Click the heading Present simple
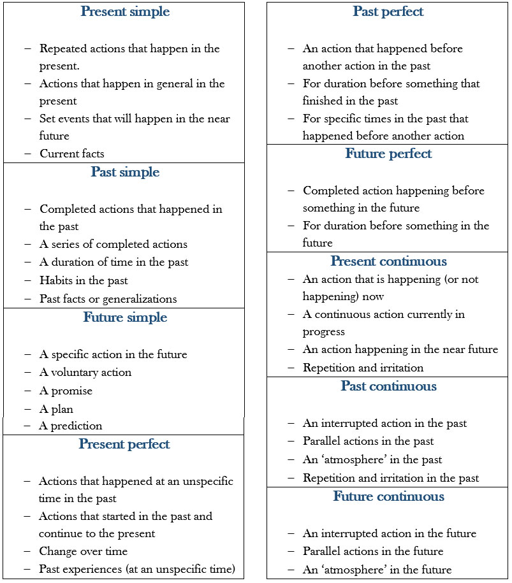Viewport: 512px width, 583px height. coord(124,12)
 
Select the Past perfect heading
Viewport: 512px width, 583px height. coord(388,12)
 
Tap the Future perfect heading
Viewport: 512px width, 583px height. coord(388,154)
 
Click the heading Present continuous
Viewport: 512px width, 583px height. coord(388,262)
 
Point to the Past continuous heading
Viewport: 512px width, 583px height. coord(388,387)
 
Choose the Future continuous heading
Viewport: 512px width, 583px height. coord(388,497)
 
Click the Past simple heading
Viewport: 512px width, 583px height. coord(125,173)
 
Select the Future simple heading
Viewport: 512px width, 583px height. coord(125,318)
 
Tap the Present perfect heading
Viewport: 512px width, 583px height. coord(124,445)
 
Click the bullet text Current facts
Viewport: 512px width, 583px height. coord(71,154)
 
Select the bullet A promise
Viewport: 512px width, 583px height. coord(66,391)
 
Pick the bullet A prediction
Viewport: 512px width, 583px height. coord(70,426)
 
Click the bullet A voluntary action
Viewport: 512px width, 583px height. coord(85,372)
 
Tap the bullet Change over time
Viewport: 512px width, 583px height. coord(83,552)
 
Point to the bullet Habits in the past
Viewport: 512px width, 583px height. coord(84,280)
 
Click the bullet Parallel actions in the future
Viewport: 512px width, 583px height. coord(373,551)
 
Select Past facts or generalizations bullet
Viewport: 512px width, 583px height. coord(108,299)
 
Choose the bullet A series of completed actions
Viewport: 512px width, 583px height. coord(113,244)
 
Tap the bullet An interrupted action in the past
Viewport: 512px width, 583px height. coord(384,423)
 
